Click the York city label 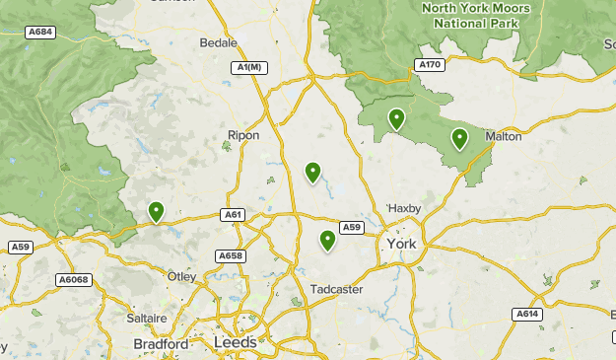402,244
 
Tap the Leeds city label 235,342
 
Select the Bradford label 161,344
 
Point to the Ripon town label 243,135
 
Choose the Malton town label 503,137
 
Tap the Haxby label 404,208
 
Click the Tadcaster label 337,289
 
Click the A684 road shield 40,33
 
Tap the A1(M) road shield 250,67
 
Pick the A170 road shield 430,64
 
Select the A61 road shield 233,214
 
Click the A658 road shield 230,256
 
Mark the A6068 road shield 73,280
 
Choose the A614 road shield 526,314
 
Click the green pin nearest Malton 459,138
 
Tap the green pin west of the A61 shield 156,211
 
